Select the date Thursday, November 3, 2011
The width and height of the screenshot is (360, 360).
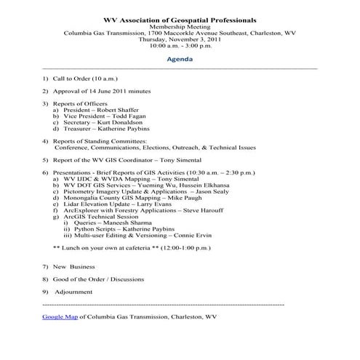coord(180,38)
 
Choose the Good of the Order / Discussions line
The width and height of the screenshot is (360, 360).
coord(97,279)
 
